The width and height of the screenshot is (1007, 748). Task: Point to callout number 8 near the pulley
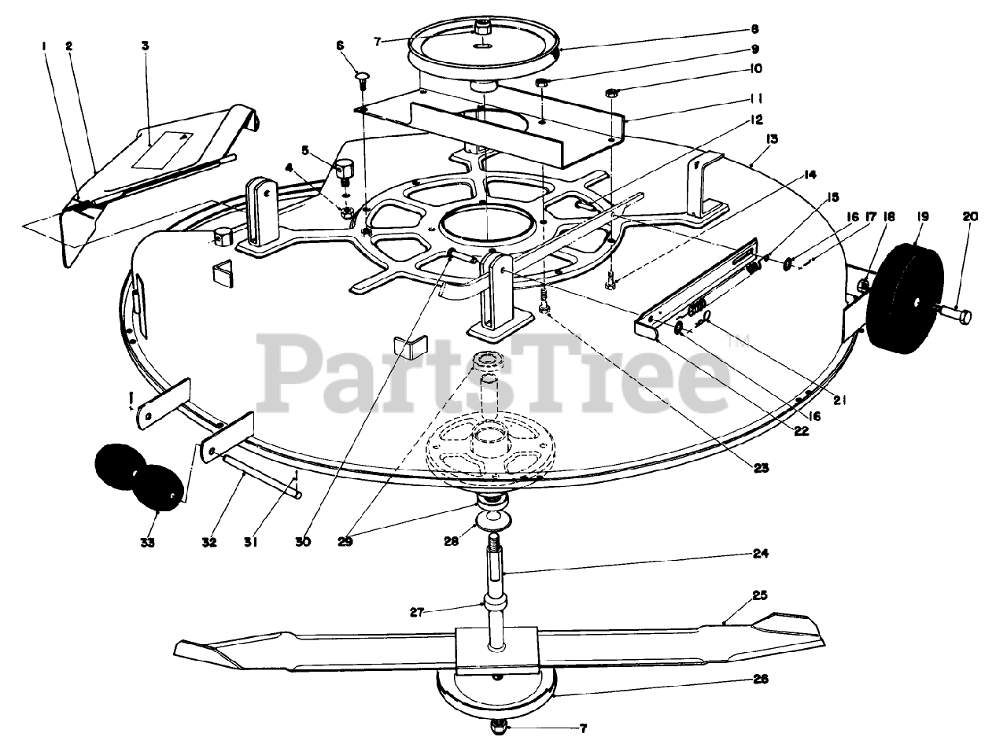(754, 30)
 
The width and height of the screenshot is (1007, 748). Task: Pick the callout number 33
(148, 542)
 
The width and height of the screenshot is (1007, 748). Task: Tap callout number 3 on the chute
(145, 46)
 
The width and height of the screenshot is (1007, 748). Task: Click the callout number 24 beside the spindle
(759, 553)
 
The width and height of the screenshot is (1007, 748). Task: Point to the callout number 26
(759, 678)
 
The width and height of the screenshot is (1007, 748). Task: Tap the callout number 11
(756, 99)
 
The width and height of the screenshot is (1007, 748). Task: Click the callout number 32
(208, 542)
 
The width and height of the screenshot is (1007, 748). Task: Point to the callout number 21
(839, 400)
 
